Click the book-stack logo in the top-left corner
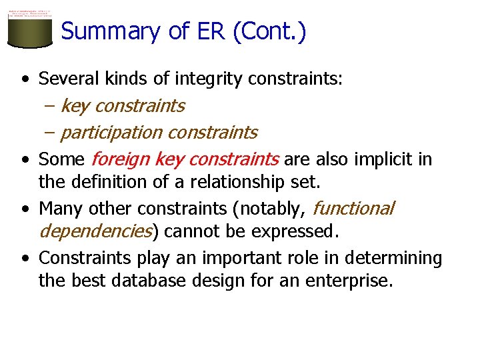[29, 29]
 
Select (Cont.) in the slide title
[269, 31]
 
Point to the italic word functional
[353, 209]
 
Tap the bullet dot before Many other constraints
[25, 209]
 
